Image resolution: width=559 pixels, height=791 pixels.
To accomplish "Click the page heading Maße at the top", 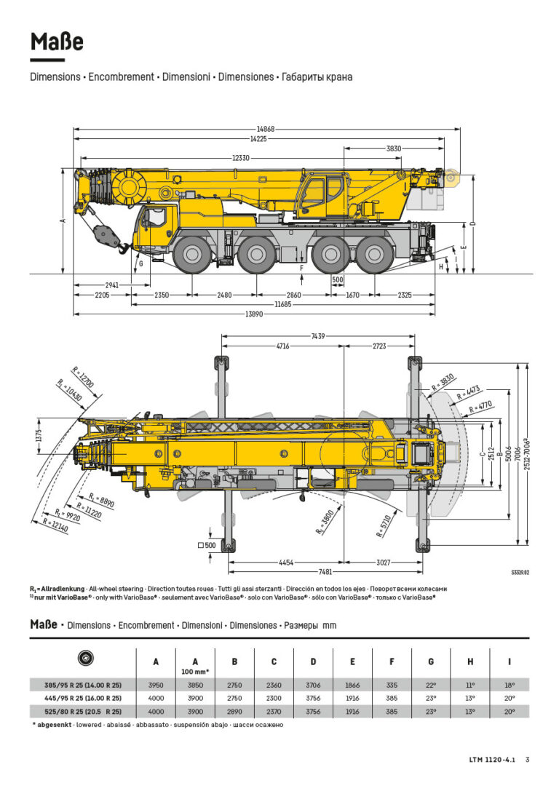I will [57, 43].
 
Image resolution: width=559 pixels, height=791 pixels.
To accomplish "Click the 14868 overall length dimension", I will [266, 129].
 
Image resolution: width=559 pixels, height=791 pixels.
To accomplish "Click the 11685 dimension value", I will [282, 304].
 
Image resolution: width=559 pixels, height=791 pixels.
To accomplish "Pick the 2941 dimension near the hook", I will [112, 285].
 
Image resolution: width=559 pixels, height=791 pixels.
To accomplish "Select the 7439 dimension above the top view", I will [317, 336].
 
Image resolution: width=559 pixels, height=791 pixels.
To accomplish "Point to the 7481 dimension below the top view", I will [325, 572].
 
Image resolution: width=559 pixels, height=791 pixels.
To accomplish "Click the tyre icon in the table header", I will [84, 658].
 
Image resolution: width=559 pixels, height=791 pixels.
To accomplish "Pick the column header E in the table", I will [352, 661].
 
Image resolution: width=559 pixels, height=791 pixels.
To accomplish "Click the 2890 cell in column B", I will [234, 711].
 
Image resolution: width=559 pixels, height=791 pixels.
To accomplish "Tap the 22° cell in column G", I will [431, 685].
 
